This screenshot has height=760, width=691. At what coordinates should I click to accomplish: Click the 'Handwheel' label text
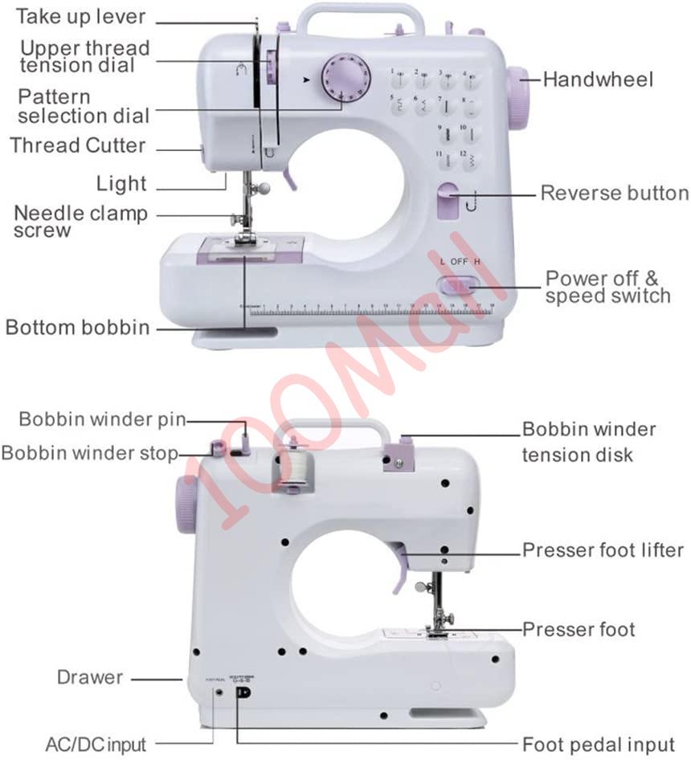[x=598, y=79]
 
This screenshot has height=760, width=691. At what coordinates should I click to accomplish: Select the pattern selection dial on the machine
[x=343, y=80]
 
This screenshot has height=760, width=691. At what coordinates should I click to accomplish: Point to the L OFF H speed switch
[x=457, y=286]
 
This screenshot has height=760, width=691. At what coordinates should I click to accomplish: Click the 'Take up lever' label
[x=81, y=16]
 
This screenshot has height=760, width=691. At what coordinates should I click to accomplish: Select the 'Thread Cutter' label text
[x=78, y=146]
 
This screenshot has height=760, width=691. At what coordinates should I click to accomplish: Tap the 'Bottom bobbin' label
[x=77, y=328]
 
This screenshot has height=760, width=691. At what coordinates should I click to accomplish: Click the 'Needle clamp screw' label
[x=80, y=222]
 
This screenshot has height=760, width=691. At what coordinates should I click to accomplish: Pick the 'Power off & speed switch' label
[x=607, y=287]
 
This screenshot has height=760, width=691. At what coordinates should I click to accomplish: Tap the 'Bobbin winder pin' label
[x=102, y=419]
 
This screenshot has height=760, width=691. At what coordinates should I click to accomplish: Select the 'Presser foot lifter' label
[x=603, y=550]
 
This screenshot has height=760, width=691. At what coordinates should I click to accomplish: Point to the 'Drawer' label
[x=90, y=677]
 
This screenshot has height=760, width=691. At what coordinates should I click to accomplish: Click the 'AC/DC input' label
[x=96, y=744]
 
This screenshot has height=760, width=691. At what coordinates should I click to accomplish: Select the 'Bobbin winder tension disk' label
[x=589, y=442]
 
